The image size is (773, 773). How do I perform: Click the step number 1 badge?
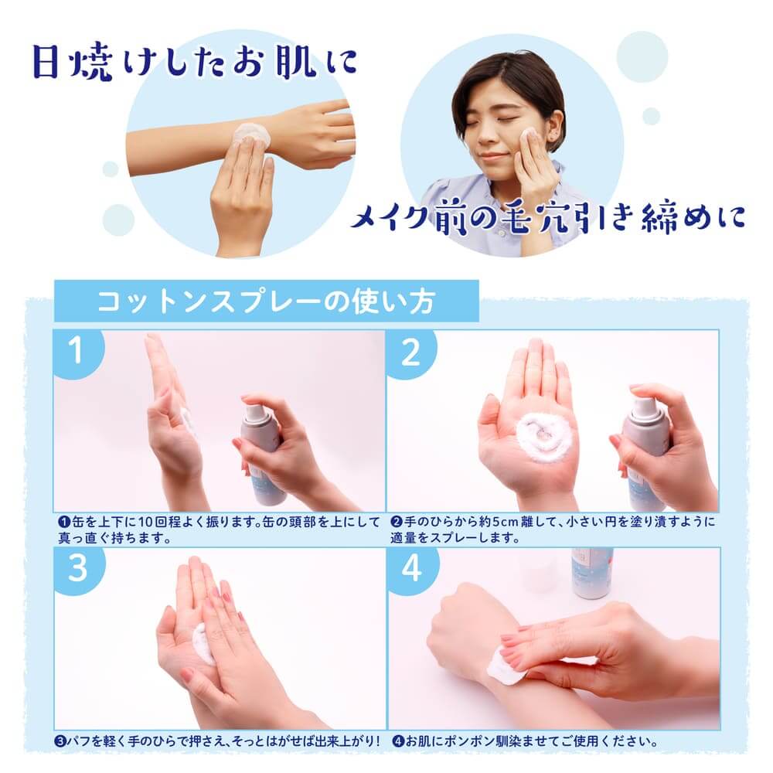[76, 350]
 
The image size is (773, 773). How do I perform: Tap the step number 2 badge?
[410, 352]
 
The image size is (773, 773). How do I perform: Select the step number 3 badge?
[77, 568]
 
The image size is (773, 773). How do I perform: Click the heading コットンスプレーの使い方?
[266, 301]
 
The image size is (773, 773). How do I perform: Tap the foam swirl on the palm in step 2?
[542, 438]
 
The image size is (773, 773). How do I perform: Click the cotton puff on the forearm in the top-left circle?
[251, 134]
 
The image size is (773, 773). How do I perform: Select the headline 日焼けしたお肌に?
[194, 63]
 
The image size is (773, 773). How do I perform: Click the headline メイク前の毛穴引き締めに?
[548, 217]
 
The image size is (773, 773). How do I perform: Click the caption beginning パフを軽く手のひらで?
[217, 741]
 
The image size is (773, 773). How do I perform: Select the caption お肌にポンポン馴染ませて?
[525, 741]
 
